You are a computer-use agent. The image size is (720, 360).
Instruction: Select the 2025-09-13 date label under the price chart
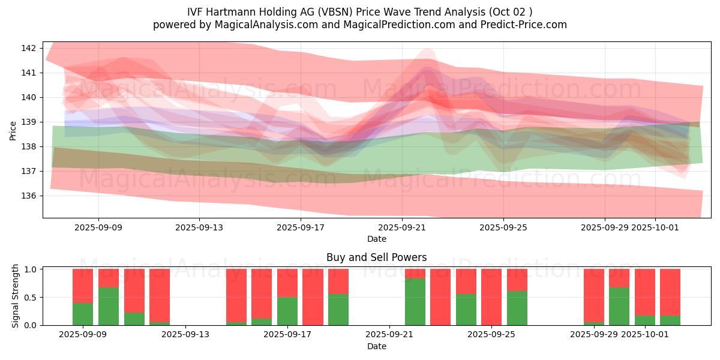point(199,227)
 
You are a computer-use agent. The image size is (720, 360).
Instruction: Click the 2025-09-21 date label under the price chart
point(401,227)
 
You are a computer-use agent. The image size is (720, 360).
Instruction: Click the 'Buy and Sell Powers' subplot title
point(376,257)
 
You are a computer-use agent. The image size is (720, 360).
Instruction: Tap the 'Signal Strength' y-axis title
point(16,296)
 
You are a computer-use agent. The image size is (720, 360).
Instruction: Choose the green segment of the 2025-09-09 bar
point(83,314)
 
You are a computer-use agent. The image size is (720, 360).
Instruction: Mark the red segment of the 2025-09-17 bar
point(287,283)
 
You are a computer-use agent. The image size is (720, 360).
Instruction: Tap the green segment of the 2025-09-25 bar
point(517,308)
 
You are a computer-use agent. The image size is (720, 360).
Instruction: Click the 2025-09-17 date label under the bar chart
point(287,334)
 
